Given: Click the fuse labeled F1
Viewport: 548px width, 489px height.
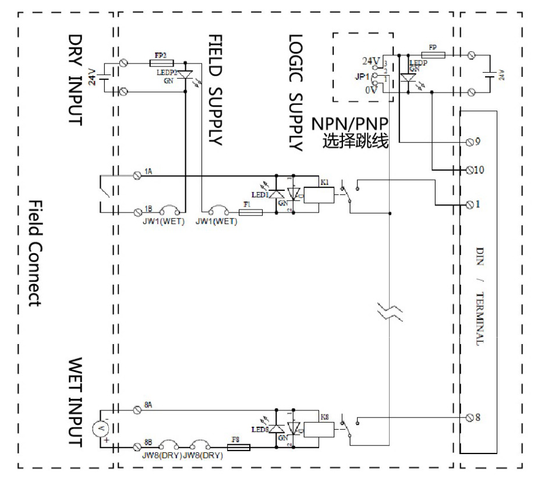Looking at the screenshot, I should [x=250, y=212].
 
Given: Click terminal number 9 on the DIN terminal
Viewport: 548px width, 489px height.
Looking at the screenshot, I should [x=471, y=142].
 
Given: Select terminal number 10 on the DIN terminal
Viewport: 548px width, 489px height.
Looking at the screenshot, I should [x=471, y=170].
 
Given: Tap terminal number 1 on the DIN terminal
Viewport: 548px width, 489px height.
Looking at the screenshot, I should [x=471, y=204].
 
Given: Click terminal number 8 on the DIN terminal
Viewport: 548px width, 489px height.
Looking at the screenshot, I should [x=471, y=417].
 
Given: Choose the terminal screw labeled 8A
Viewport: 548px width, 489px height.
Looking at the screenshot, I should [x=138, y=410].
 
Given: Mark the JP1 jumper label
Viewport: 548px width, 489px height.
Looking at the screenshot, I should [x=362, y=76].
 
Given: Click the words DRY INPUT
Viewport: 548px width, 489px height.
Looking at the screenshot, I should [x=76, y=79].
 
